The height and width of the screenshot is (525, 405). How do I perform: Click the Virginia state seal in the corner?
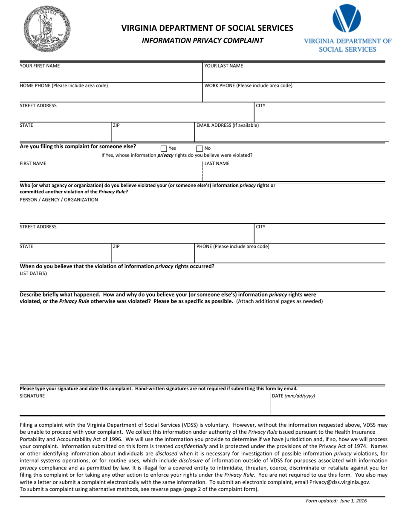(47, 29)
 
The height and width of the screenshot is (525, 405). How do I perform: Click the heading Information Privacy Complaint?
(202, 41)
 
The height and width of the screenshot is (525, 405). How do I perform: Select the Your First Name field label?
(40, 66)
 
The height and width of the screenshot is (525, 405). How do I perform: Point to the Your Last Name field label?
(224, 66)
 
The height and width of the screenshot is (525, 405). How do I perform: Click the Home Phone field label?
(64, 85)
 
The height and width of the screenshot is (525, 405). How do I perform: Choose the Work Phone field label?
(249, 85)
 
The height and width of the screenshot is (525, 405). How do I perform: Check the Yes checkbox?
(164, 149)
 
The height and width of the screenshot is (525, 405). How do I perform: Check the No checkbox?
(199, 149)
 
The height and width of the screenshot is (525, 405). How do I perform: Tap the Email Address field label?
(227, 125)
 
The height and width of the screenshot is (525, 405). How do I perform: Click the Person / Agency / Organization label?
(59, 199)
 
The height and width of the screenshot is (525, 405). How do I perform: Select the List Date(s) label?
(34, 274)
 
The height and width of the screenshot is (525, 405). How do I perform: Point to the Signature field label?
(32, 396)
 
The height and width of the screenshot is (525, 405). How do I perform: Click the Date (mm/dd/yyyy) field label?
(294, 396)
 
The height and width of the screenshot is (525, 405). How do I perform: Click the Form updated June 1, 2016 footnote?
(336, 501)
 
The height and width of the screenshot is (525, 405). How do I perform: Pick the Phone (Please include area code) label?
(233, 246)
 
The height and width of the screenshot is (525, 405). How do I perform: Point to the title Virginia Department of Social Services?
(208, 28)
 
